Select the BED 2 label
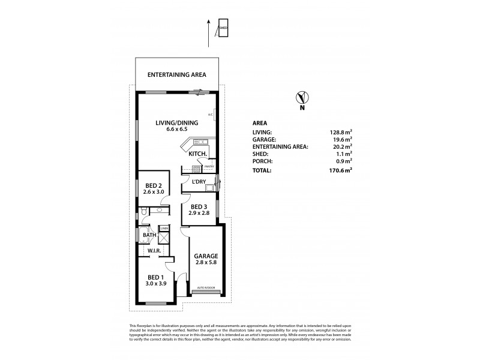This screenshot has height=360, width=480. point(154,185)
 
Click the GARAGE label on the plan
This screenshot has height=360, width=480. point(205,256)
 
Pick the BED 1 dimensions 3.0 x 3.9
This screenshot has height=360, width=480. point(155,284)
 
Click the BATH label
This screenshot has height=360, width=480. point(149,235)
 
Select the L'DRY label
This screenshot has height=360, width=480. point(200,181)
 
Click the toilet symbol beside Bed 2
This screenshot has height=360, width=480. point(144,211)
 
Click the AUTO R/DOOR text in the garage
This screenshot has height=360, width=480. point(205,289)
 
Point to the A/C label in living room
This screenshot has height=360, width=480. point(211,115)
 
